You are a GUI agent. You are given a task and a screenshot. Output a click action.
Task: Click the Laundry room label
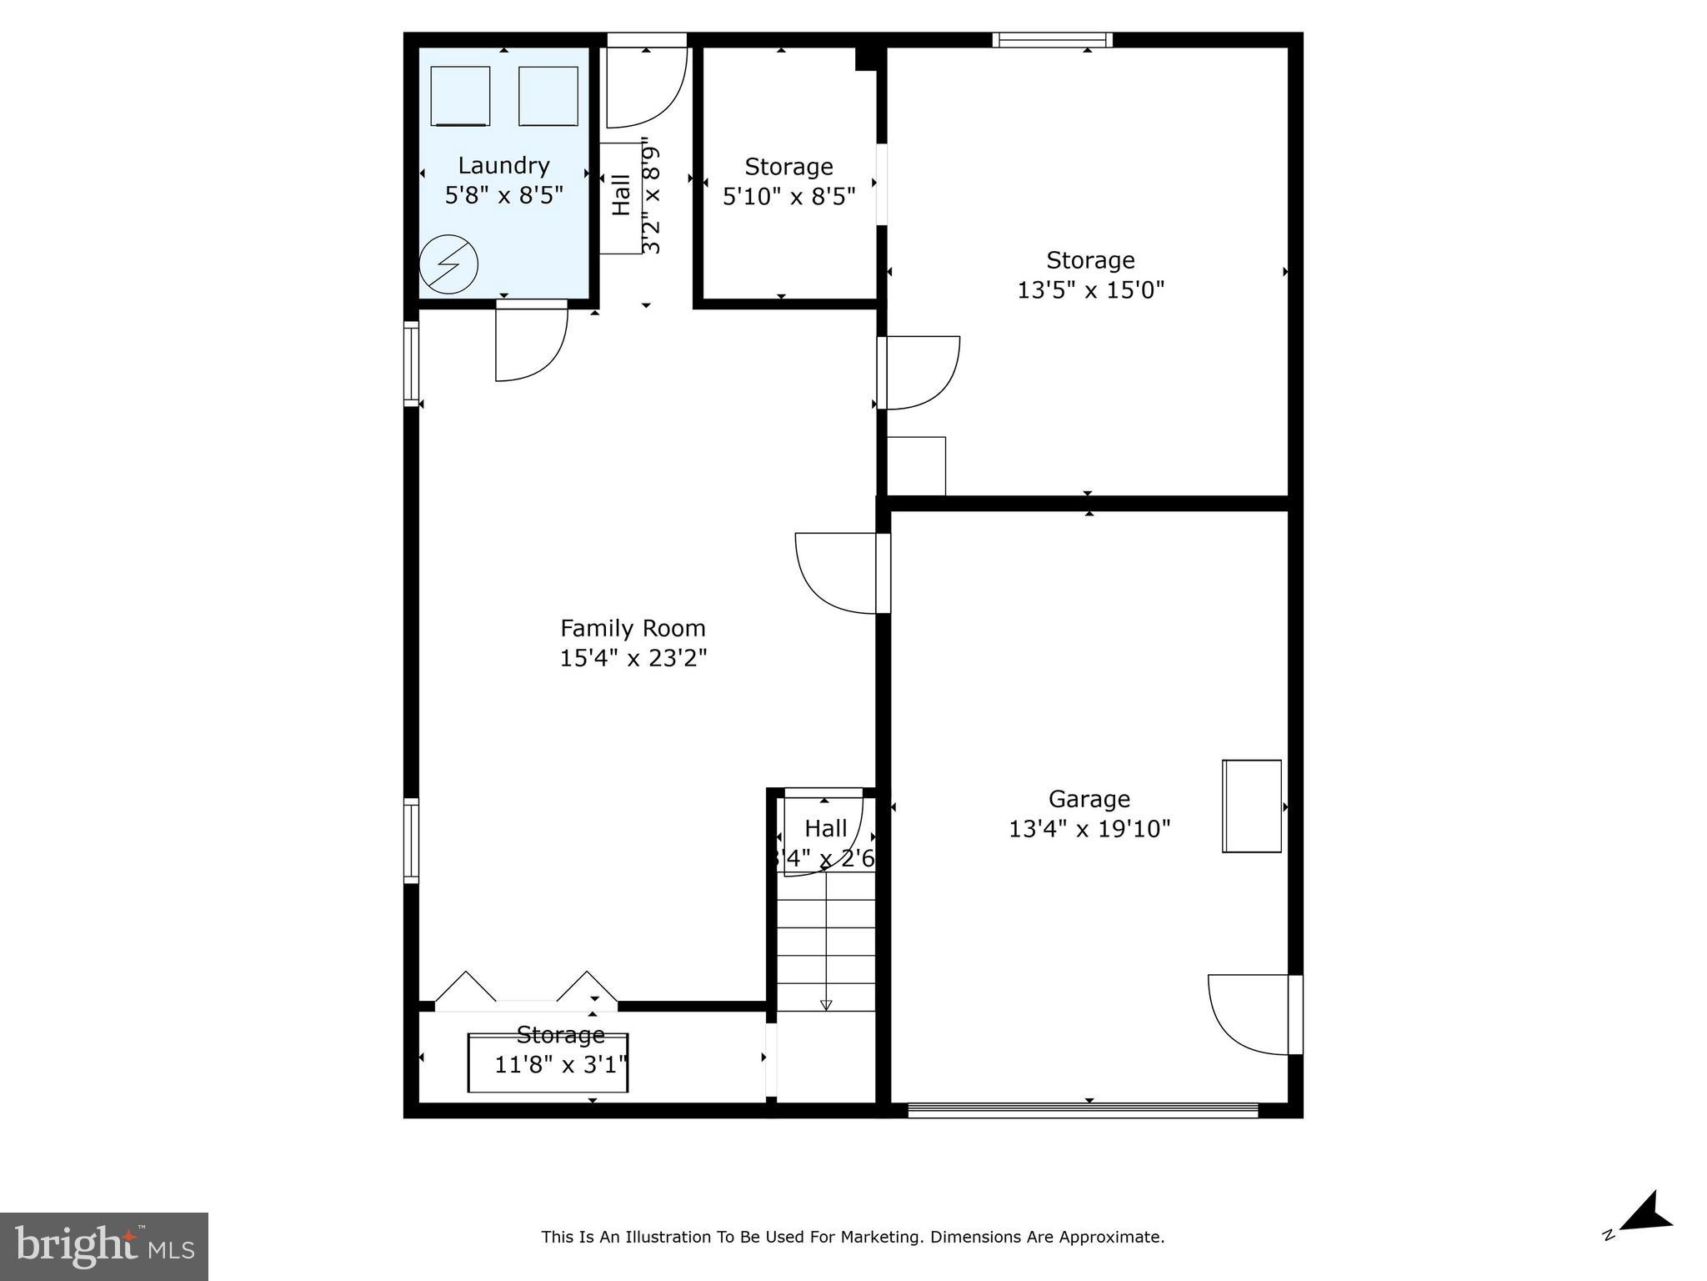point(503,165)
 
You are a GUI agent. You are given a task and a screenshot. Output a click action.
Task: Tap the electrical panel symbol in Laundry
point(448,265)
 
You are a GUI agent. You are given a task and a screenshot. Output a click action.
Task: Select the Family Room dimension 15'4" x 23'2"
point(633,658)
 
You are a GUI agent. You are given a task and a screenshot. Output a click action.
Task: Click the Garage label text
point(1089,799)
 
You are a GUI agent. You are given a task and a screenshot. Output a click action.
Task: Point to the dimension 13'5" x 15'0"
point(1090,289)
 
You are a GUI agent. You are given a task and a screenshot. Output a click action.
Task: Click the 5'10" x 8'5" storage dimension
point(788,196)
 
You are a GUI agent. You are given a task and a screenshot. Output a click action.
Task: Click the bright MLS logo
point(104,1246)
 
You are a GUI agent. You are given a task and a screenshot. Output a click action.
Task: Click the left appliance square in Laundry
point(460,96)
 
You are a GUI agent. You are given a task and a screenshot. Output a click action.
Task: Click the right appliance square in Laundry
point(548,96)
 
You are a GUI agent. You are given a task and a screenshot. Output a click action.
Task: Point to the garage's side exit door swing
point(1250,1014)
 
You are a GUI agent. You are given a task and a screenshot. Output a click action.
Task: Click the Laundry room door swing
point(530,342)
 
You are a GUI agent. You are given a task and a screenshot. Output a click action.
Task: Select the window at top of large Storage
point(1052,39)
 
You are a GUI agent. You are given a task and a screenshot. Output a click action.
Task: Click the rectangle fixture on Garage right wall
point(1251,806)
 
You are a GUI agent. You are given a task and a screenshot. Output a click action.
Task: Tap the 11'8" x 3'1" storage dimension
point(560,1065)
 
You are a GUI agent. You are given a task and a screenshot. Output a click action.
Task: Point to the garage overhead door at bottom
point(1082,1109)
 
